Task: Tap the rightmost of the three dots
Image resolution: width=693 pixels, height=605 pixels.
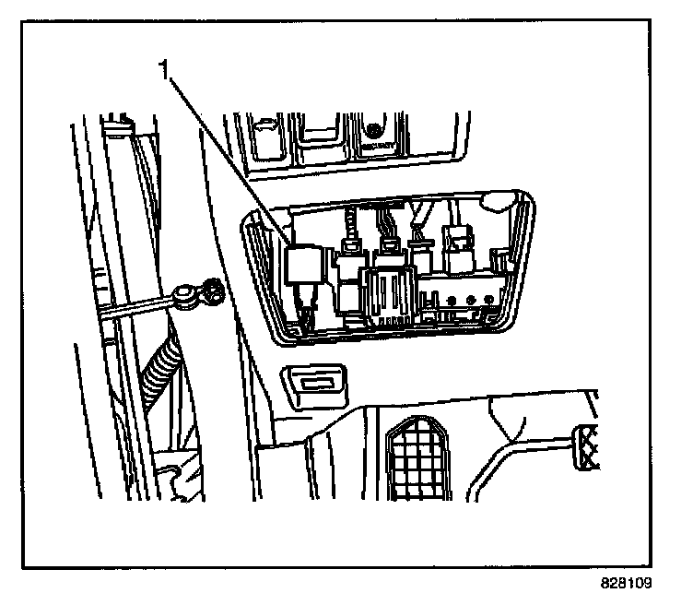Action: coord(491,298)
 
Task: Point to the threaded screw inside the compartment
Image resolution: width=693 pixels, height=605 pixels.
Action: coord(351,224)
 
